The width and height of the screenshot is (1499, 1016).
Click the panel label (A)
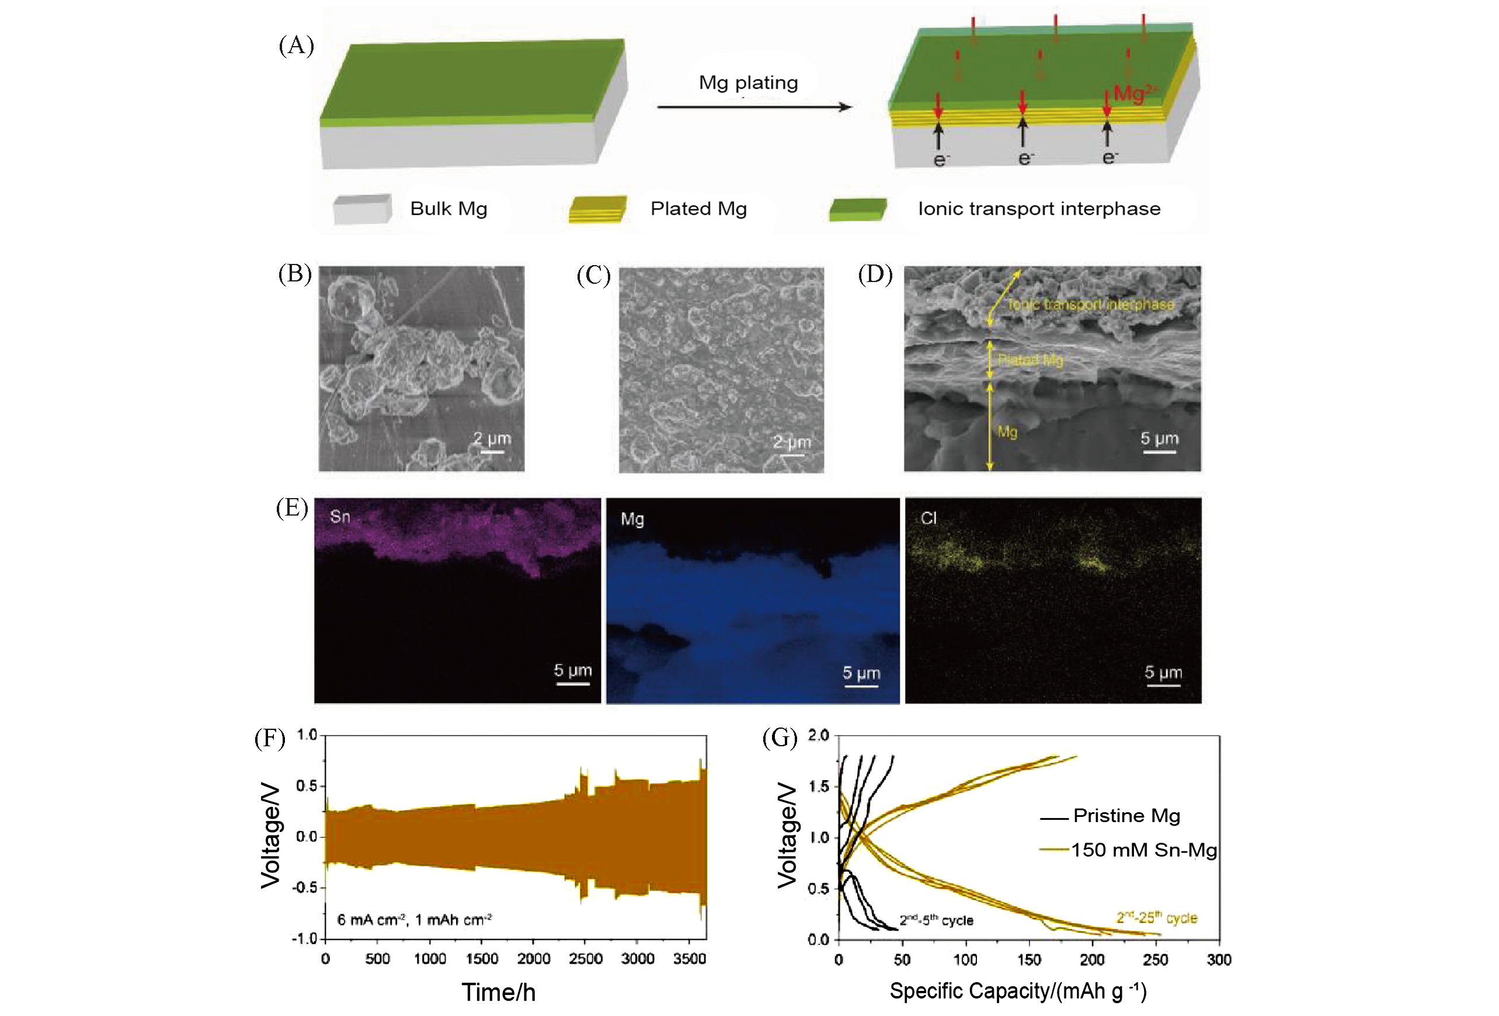click(x=296, y=46)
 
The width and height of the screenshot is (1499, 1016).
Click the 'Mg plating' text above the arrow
click(x=748, y=82)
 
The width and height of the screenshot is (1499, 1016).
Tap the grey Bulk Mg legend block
click(x=362, y=209)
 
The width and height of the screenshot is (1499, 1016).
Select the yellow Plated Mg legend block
click(x=597, y=209)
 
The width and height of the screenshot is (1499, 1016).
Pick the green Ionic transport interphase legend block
click(x=857, y=209)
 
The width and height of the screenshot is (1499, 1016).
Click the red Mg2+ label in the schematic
click(x=1134, y=93)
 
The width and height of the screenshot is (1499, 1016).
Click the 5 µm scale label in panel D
click(x=1159, y=439)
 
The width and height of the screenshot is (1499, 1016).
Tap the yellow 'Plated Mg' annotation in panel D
click(x=1030, y=360)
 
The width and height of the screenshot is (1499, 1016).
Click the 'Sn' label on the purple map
click(x=340, y=516)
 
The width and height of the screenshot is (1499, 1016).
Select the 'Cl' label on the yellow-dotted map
click(x=928, y=518)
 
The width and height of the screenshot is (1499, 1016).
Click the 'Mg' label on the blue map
click(x=632, y=519)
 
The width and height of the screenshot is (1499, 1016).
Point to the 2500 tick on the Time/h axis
click(x=586, y=959)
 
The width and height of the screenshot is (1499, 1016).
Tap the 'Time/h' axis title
click(x=498, y=992)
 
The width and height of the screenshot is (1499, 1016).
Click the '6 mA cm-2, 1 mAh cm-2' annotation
click(x=414, y=919)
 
